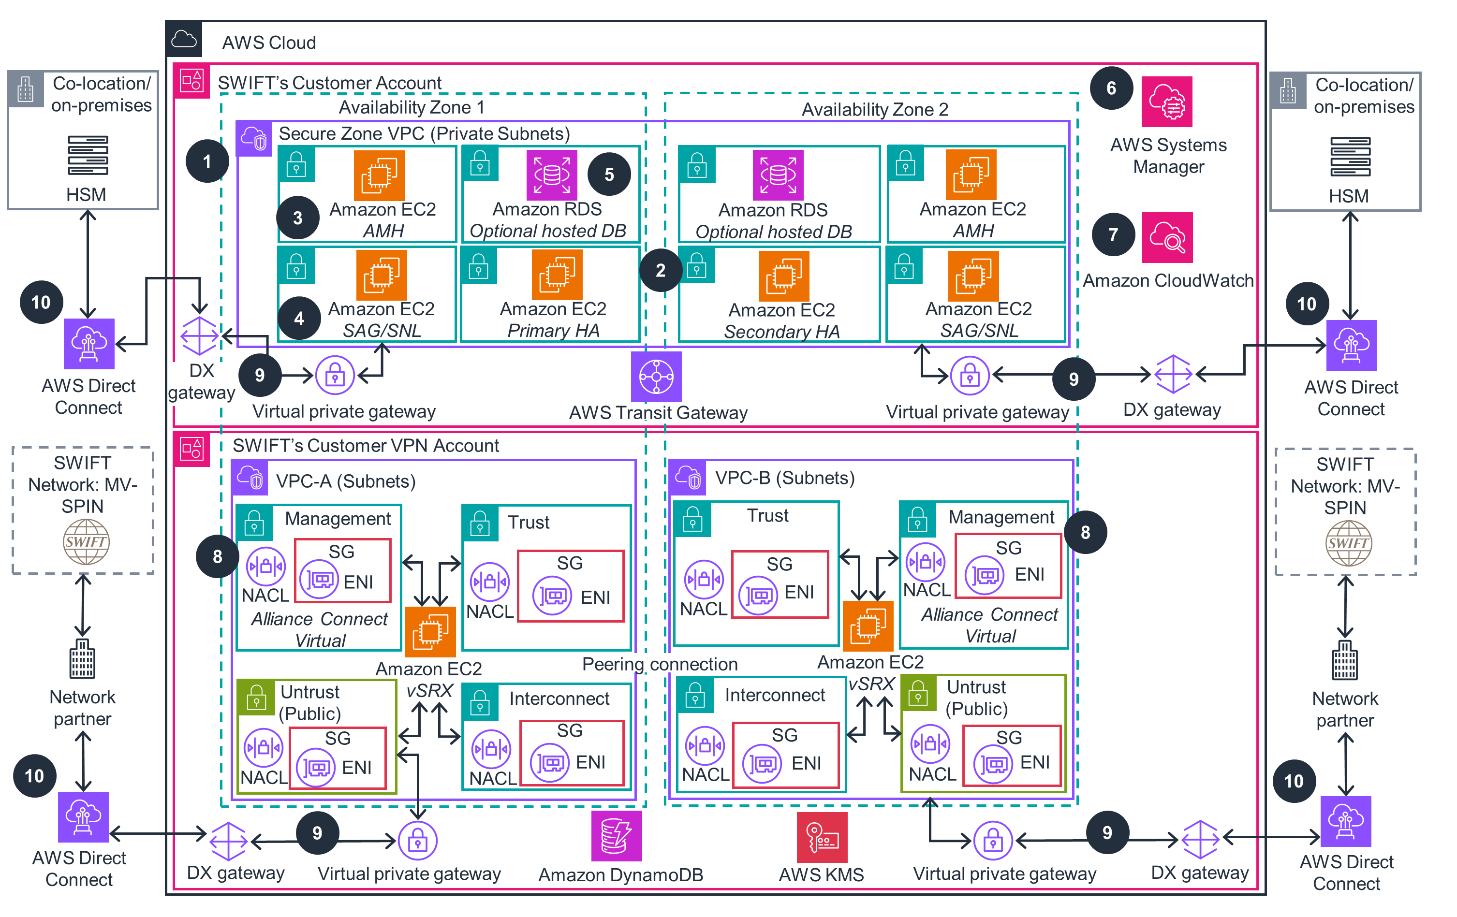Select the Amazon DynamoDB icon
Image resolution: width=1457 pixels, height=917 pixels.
point(616,835)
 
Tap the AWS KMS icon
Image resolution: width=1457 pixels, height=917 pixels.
point(822,837)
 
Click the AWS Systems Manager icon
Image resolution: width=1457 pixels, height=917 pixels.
point(1166,102)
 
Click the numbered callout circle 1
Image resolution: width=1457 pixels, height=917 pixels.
point(207,161)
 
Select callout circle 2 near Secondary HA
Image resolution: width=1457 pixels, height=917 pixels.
point(660,270)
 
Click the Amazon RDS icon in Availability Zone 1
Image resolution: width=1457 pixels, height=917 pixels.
point(551,175)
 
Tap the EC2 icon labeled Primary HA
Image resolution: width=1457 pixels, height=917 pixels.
point(557,275)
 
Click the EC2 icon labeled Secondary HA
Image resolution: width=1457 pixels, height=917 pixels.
point(783,276)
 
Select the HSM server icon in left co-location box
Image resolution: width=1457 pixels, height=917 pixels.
point(88,156)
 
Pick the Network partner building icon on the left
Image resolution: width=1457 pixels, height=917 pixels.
point(82,659)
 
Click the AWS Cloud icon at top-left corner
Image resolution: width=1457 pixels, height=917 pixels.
point(184,40)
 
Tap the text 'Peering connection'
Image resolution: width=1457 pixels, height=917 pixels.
point(660,664)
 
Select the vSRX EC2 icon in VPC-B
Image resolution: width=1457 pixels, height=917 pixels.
point(868,626)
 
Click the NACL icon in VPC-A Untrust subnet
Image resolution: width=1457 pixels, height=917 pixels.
point(263,748)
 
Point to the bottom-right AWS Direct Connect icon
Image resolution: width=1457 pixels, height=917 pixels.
point(1345,821)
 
